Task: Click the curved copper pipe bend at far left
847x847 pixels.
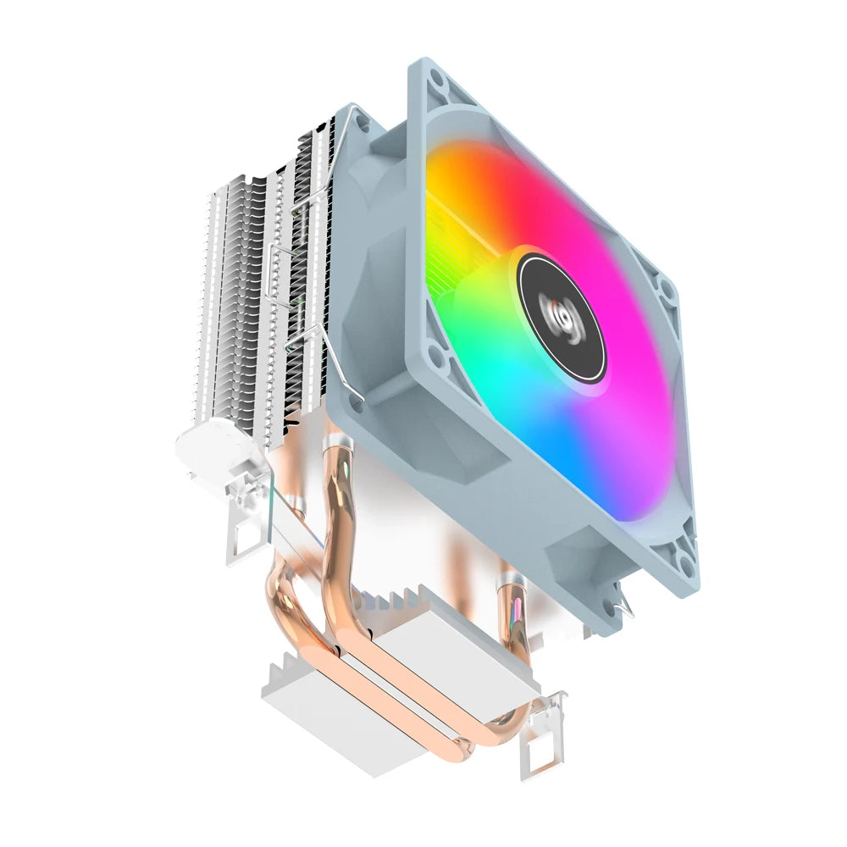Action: click(280, 601)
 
